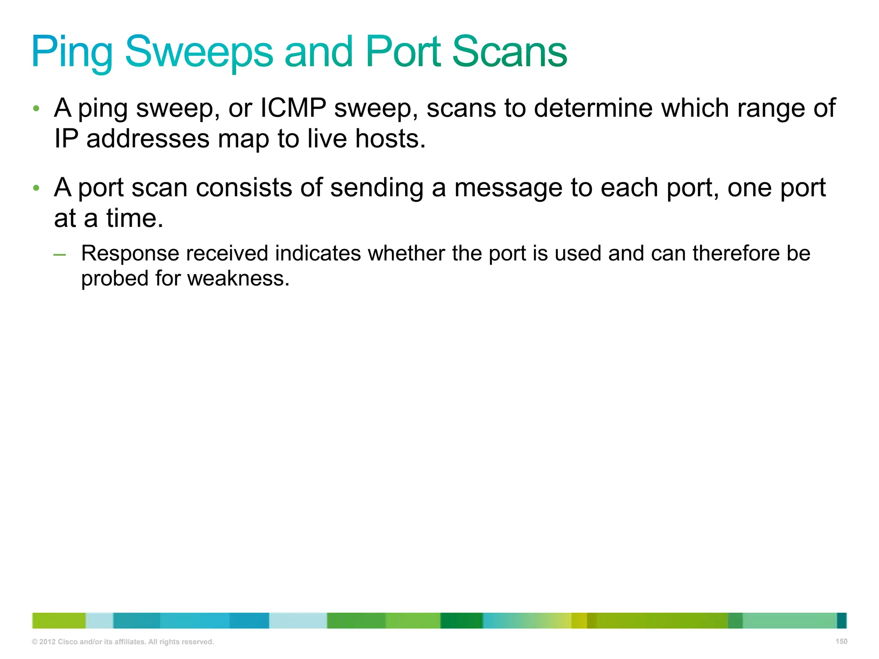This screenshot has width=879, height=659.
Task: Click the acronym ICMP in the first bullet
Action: point(293,108)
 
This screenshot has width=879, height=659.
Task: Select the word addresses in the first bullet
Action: point(148,139)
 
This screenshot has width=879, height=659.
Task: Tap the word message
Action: point(508,187)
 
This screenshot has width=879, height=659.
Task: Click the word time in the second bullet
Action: point(135,218)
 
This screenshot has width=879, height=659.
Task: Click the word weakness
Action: point(238,278)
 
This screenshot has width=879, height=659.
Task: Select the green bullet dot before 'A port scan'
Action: point(36,188)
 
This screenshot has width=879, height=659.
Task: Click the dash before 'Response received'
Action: point(60,254)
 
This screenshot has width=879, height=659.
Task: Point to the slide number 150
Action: point(841,641)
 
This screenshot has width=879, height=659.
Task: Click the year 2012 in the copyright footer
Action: point(47,642)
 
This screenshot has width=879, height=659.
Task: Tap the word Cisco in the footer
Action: point(68,642)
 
